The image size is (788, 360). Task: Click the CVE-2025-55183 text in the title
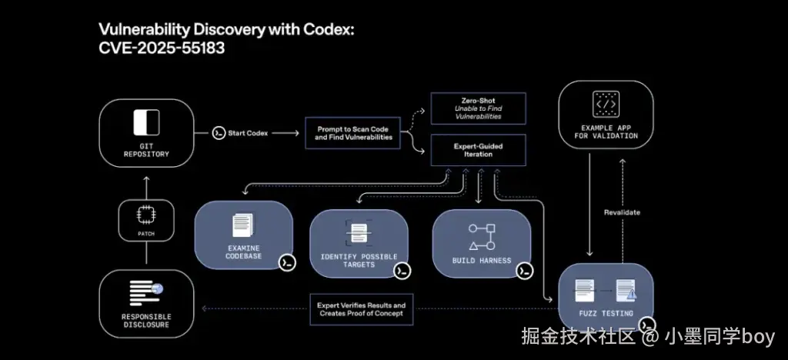[x=162, y=48]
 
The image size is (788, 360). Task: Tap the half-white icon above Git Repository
[x=146, y=122]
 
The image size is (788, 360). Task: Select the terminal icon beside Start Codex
[x=218, y=133]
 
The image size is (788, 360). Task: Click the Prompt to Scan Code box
[x=352, y=133]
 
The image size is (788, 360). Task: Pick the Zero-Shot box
[x=479, y=108]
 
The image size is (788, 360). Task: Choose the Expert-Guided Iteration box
[x=479, y=150]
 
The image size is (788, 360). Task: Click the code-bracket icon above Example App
[x=606, y=104]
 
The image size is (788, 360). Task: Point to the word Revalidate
[x=622, y=212]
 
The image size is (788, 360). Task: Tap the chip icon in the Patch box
[x=146, y=215]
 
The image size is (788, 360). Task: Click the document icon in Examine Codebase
[x=243, y=225]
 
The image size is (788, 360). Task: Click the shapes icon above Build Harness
[x=482, y=237]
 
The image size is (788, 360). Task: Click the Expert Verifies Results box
[x=362, y=309]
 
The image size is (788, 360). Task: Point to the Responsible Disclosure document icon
[x=146, y=293]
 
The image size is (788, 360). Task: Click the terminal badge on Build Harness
[x=524, y=271]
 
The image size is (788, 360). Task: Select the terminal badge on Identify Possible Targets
[x=402, y=271]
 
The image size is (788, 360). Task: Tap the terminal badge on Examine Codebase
[x=287, y=262]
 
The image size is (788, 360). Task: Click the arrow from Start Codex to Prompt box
[x=285, y=133]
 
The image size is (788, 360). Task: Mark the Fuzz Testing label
[x=606, y=313]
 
